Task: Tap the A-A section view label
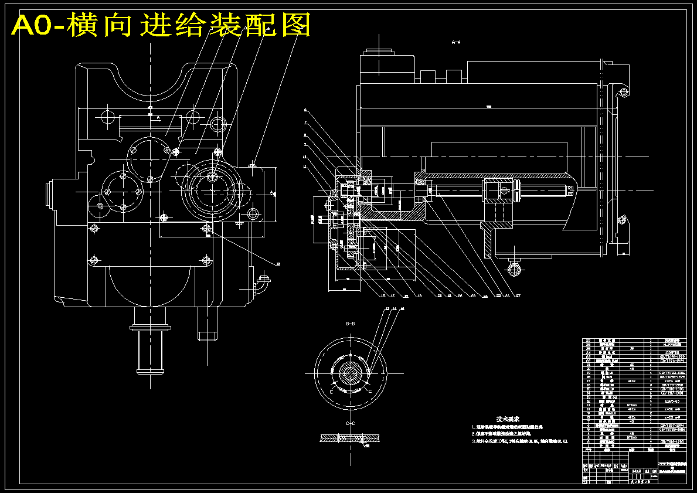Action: (x=456, y=42)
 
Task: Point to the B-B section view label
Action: (x=351, y=324)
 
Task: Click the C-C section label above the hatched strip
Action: (x=351, y=423)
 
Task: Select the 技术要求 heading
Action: (x=508, y=419)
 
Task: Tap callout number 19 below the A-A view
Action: (x=419, y=295)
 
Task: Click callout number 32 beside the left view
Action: (x=278, y=264)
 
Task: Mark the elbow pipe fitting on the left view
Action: (x=261, y=284)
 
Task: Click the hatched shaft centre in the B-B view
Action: (x=351, y=373)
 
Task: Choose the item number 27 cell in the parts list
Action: (x=588, y=340)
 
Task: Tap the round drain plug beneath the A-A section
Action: (x=515, y=268)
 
